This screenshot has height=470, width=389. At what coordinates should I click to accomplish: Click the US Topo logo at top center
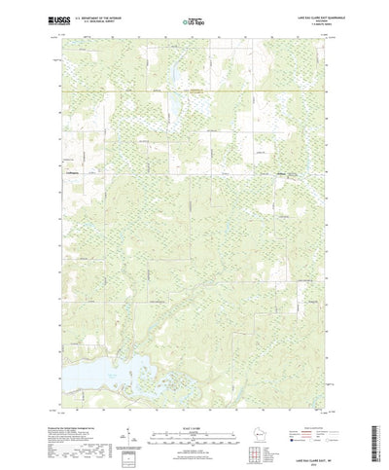pos(193,19)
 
